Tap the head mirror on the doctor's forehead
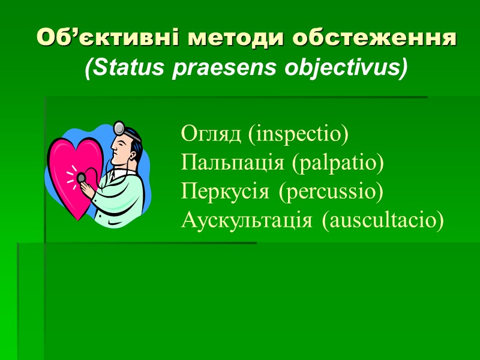pos(121,127)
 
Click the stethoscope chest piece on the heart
pos(81,178)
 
